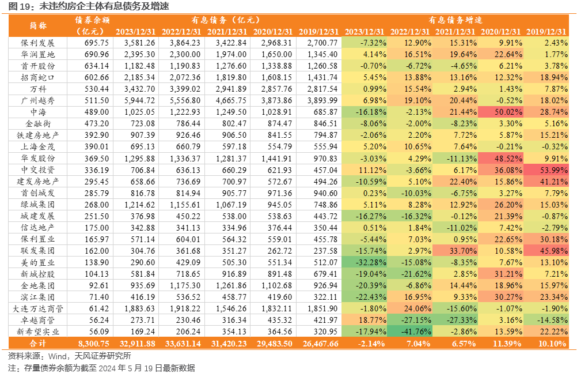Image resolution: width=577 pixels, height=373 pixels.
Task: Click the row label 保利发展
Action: click(x=37, y=43)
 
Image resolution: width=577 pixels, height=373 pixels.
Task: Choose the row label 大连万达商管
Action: click(x=37, y=308)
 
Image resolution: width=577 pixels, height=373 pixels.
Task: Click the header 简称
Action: click(x=38, y=25)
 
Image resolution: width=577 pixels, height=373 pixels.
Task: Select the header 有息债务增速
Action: click(x=455, y=20)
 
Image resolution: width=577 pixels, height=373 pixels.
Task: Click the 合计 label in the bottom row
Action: click(x=37, y=344)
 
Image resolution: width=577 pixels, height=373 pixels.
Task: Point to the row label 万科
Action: click(x=38, y=89)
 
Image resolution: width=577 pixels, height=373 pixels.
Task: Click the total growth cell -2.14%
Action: click(x=371, y=344)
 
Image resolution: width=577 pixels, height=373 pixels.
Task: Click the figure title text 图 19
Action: click(x=18, y=6)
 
